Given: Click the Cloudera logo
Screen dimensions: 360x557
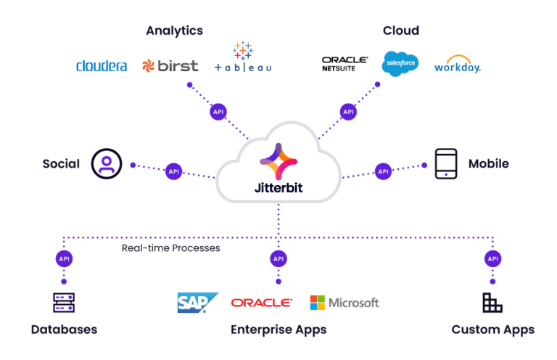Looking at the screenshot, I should (x=102, y=66).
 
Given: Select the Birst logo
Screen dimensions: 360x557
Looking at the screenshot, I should (x=170, y=66).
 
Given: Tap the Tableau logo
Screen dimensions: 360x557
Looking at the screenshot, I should (x=242, y=60).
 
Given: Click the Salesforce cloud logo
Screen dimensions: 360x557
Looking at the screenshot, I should (x=400, y=64).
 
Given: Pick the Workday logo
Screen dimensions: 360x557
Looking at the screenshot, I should (x=458, y=65).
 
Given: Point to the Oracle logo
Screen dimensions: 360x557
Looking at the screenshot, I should (x=261, y=303).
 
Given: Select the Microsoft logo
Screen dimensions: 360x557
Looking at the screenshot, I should (x=344, y=303).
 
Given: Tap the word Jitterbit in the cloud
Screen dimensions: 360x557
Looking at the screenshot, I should (x=278, y=186).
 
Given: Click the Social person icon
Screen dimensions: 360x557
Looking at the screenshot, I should (x=107, y=163).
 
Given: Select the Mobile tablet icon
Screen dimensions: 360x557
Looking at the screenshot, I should (x=446, y=164).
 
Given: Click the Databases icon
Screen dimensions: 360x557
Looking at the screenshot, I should (x=64, y=303).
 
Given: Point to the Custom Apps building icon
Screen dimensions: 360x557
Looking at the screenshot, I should (x=492, y=303).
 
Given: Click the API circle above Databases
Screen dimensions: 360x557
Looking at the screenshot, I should (x=64, y=258).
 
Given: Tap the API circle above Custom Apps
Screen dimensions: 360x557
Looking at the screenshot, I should (x=493, y=258).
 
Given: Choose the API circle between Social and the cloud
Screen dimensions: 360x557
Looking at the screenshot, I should (x=173, y=171).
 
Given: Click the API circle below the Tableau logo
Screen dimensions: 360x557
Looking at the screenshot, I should (x=218, y=112).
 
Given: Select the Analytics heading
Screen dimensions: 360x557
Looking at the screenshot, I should (x=174, y=30).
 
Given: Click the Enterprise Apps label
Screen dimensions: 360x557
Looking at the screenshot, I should (x=278, y=330).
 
